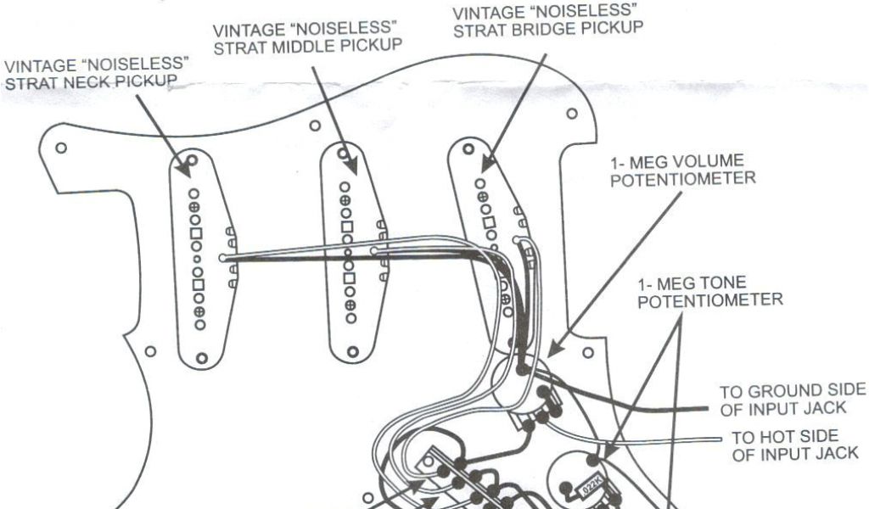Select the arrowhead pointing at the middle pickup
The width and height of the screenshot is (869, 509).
[344, 153]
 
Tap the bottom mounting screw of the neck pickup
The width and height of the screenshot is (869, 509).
[201, 359]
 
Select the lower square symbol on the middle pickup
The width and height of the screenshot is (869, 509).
[347, 277]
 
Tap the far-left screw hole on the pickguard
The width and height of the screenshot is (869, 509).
[60, 147]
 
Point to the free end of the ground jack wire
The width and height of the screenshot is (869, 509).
[706, 409]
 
